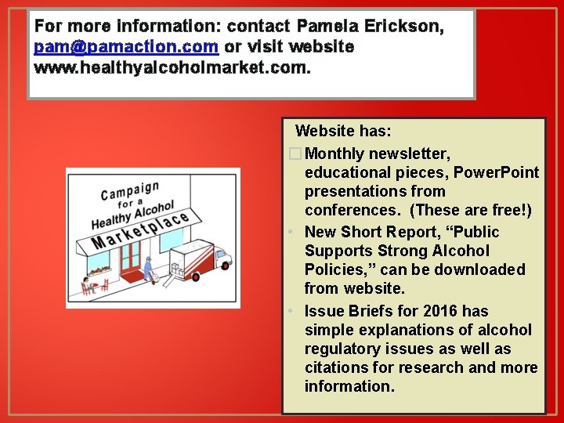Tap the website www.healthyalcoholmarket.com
(172, 67)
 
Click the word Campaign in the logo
(130, 191)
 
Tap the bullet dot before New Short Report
(291, 233)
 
